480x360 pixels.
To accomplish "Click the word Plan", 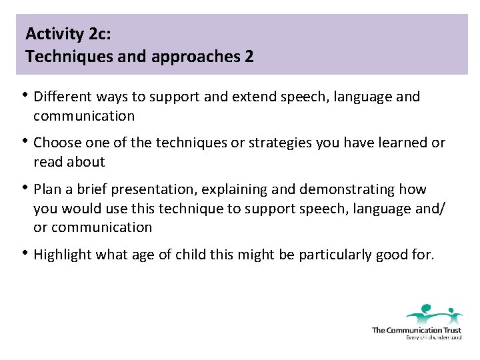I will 47,189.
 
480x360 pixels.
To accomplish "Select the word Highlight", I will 62,254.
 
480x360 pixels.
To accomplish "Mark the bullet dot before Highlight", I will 26,253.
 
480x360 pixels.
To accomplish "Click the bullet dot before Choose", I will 26,141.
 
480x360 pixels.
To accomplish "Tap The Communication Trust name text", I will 416,330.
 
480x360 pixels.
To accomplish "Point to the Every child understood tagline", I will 433,337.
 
